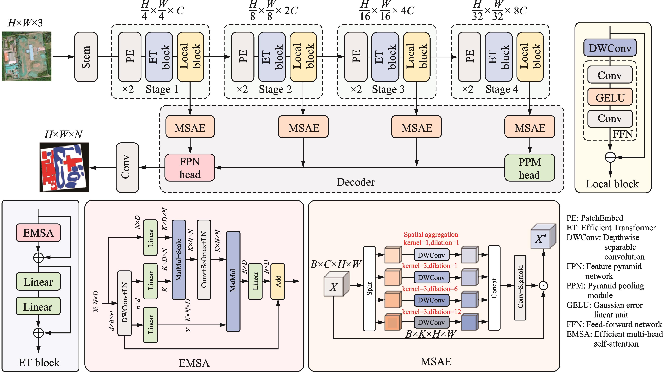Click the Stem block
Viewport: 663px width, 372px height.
(86, 57)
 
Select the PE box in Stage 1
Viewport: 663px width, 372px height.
(130, 57)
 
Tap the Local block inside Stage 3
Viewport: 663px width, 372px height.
(416, 57)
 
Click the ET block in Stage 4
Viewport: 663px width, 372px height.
(499, 57)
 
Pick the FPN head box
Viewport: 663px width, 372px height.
(190, 168)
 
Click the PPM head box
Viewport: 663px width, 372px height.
(529, 168)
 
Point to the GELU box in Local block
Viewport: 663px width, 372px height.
(610, 97)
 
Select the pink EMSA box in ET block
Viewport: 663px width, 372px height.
(38, 233)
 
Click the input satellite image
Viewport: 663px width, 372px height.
(27, 56)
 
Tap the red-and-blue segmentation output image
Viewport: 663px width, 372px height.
(64, 167)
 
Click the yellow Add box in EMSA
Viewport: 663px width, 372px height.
(278, 281)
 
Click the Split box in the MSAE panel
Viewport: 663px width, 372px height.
(369, 288)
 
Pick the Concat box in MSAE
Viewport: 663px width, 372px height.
(494, 288)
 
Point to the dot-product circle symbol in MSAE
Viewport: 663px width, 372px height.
(543, 285)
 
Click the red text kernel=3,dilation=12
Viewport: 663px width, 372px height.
(431, 312)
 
